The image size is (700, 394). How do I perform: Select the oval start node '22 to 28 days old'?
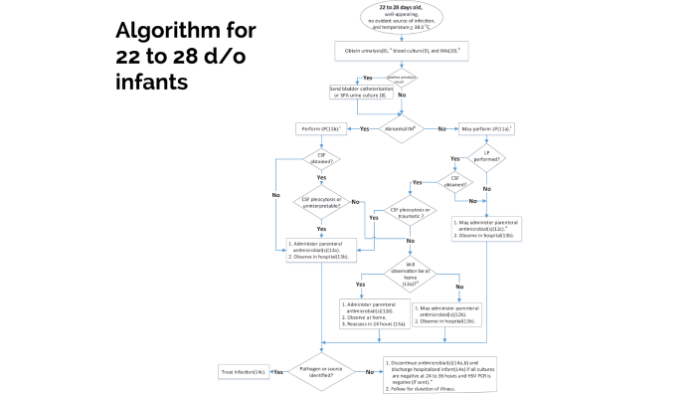point(403,17)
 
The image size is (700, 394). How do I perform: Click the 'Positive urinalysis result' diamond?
point(403,77)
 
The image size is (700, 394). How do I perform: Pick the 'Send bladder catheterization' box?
point(366,93)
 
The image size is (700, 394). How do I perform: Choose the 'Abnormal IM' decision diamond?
point(403,128)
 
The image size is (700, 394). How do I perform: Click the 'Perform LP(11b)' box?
point(323,128)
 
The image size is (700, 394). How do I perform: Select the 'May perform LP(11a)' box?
point(486,128)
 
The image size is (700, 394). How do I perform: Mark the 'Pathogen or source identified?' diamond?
point(323,370)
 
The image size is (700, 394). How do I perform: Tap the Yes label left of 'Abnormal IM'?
point(364,128)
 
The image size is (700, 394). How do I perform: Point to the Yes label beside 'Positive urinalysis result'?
point(368,77)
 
